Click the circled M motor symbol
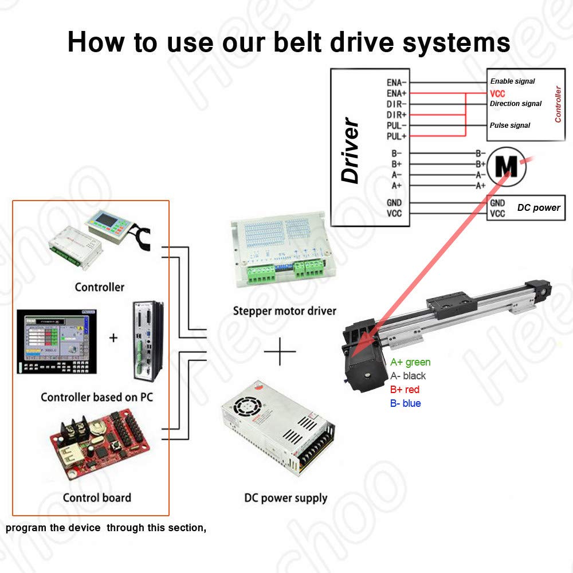click(x=505, y=164)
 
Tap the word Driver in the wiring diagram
click(x=350, y=151)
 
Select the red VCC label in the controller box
click(x=497, y=93)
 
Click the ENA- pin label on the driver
click(x=397, y=82)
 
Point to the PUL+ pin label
click(x=397, y=136)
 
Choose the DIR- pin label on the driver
click(x=397, y=104)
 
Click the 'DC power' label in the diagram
click(x=539, y=207)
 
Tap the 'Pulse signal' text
click(x=509, y=125)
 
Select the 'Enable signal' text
click(x=512, y=81)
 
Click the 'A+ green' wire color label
click(x=410, y=362)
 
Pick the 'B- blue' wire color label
click(x=406, y=403)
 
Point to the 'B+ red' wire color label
click(x=405, y=390)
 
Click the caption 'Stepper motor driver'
click(x=284, y=311)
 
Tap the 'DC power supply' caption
click(x=285, y=498)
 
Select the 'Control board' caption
click(x=97, y=497)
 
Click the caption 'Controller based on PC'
click(x=97, y=397)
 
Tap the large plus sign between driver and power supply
click(x=280, y=351)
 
